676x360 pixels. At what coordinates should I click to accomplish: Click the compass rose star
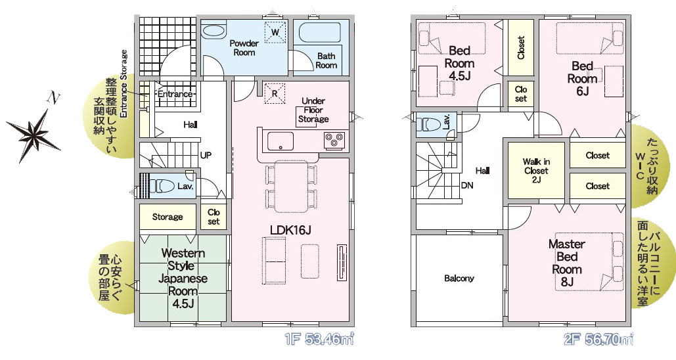(34, 135)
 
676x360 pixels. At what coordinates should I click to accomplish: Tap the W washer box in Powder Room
(275, 32)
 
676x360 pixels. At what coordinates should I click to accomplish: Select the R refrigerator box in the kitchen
(275, 93)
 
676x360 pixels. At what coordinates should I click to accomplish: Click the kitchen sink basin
(281, 141)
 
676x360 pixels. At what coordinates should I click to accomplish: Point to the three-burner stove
(334, 141)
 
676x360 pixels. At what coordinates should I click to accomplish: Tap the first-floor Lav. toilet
(161, 186)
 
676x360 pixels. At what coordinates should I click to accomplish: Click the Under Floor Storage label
(313, 110)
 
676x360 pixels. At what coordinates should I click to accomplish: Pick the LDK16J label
(290, 231)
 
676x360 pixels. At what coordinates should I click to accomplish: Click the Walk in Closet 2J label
(536, 171)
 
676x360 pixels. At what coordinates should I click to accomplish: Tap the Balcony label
(459, 279)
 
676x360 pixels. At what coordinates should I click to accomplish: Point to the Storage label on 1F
(168, 217)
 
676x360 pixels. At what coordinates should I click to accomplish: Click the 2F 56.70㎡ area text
(598, 340)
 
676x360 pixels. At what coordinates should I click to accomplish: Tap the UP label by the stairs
(206, 155)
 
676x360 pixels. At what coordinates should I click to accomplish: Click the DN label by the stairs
(467, 185)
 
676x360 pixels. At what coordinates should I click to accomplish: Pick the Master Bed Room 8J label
(567, 263)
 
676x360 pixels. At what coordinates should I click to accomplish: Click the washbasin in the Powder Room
(214, 32)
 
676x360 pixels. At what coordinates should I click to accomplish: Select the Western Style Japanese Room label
(183, 278)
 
